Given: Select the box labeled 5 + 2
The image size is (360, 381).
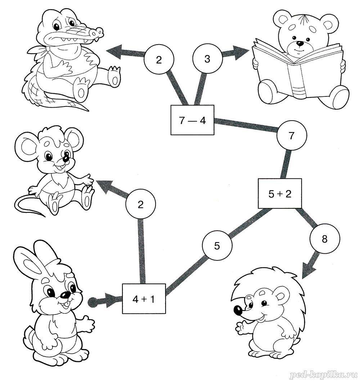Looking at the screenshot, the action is click(x=280, y=194).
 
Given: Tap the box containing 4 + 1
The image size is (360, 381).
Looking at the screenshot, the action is click(x=144, y=299).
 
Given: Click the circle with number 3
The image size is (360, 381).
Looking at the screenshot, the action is click(x=207, y=59).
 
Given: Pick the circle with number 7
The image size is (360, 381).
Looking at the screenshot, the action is click(x=292, y=136).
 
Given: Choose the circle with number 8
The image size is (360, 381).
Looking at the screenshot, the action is click(x=325, y=239).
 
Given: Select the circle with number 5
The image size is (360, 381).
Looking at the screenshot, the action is click(x=217, y=246).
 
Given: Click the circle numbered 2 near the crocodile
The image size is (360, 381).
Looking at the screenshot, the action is click(x=159, y=59).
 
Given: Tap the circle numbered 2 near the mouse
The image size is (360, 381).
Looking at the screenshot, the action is click(x=141, y=205).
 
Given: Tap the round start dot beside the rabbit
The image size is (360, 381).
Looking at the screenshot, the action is click(x=93, y=302).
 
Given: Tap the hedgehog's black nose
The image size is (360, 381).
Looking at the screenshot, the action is click(x=238, y=310).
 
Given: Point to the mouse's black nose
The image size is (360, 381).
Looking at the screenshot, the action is click(x=66, y=158).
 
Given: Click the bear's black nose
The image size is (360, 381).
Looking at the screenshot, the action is click(x=301, y=44).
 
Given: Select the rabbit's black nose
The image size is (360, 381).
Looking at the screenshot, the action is click(x=65, y=295).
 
